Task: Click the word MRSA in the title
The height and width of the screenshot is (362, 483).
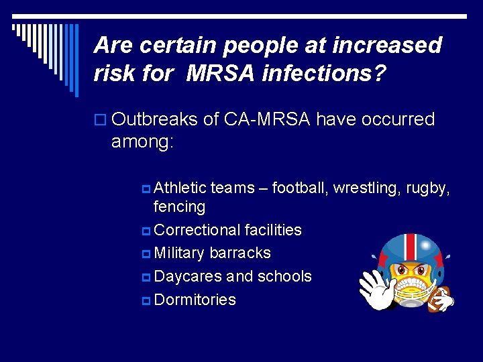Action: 220,72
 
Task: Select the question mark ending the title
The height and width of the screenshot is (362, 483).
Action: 380,72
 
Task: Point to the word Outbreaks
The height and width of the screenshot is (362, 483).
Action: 154,119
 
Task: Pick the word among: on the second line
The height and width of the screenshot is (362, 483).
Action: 142,142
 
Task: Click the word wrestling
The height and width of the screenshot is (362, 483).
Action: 368,188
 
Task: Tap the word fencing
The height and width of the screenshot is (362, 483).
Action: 179,206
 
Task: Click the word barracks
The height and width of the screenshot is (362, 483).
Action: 240,253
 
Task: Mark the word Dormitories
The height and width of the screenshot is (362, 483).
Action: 195,300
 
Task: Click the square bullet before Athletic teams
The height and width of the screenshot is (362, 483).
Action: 147,189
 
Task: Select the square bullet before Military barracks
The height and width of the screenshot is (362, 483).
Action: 147,253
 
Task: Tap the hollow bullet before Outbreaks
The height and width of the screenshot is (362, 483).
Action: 101,120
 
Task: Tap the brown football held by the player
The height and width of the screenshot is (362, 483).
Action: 441,299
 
